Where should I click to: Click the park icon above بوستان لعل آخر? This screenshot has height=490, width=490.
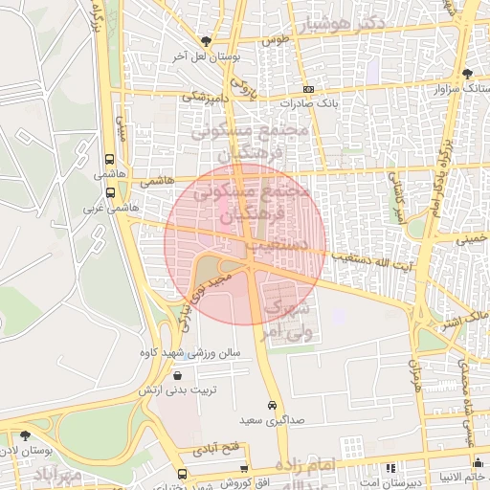pos(205,41)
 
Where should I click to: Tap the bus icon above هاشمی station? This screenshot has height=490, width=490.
pos(110,160)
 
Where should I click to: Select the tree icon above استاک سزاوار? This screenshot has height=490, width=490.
pos(466,73)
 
